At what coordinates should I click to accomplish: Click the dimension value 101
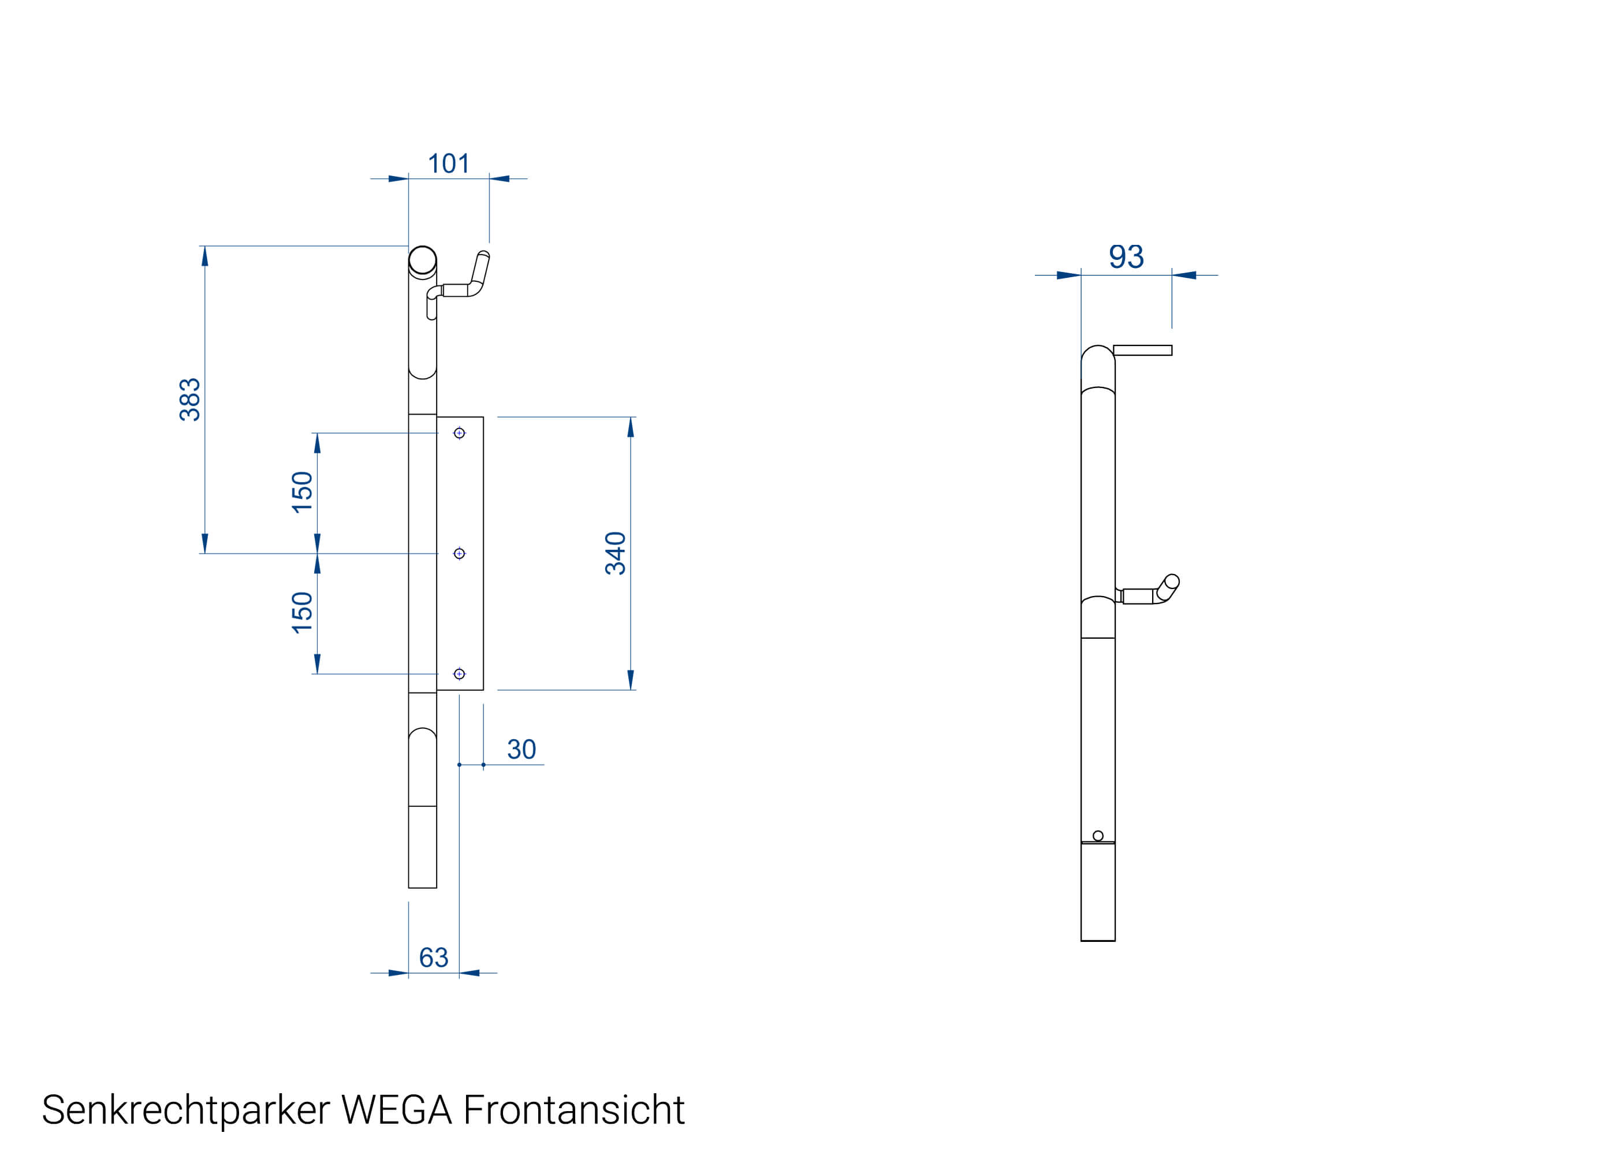[x=448, y=163]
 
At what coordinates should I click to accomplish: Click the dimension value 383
[x=190, y=399]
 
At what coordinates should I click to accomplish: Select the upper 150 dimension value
[x=302, y=491]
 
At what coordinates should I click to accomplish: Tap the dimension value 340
[x=615, y=553]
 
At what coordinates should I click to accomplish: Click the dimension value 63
[x=433, y=957]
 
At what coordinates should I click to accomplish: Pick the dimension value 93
[x=1126, y=257]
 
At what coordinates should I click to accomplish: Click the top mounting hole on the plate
[x=459, y=433]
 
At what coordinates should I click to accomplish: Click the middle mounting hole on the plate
[x=459, y=553]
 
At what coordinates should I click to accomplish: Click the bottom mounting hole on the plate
[x=459, y=673]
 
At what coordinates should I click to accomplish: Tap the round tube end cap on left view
[x=422, y=260]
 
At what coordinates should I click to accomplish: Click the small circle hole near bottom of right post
[x=1098, y=836]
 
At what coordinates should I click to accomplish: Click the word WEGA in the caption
[x=396, y=1110]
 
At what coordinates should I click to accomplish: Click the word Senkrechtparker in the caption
[x=185, y=1110]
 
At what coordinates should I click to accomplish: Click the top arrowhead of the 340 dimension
[x=630, y=427]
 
